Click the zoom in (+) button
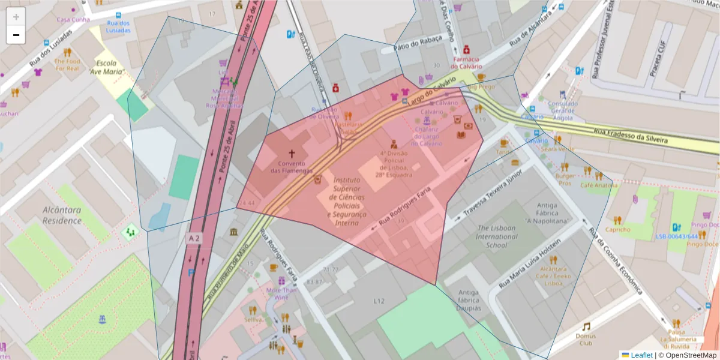point(16,17)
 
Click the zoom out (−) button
point(16,35)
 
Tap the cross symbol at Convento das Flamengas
point(292,154)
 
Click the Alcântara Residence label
point(62,215)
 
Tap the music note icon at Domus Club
point(586,326)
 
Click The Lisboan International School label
point(497,236)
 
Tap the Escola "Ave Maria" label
point(110,67)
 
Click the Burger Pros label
point(565,179)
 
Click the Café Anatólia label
point(598,185)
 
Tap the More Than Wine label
point(281,293)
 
